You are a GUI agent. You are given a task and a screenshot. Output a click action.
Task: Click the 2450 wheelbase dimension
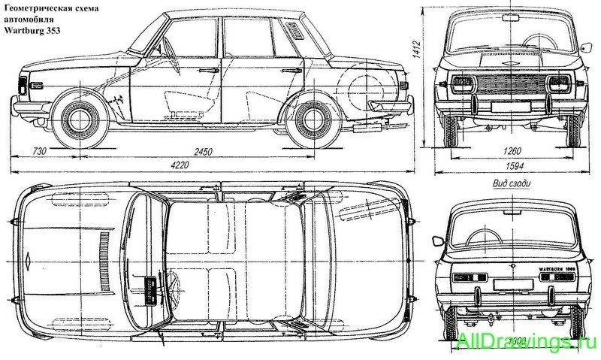click(x=202, y=152)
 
